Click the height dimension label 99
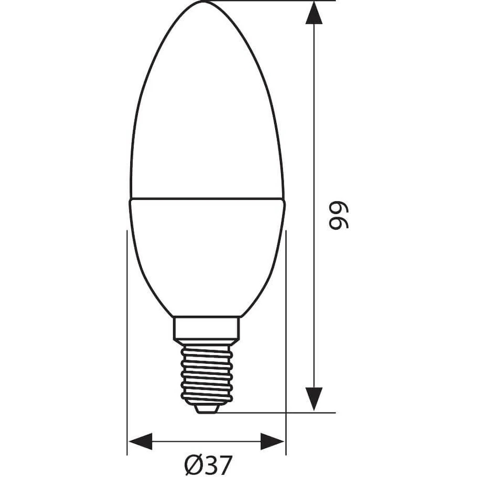click(339, 215)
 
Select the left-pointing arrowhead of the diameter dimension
click(140, 441)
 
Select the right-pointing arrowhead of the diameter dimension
click(272, 441)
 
